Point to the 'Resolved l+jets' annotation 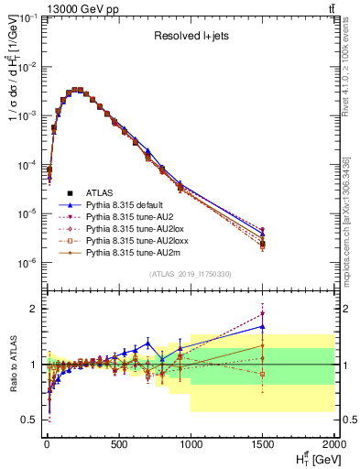(189, 38)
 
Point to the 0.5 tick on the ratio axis (28, 420)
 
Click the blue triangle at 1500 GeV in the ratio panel (263, 326)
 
